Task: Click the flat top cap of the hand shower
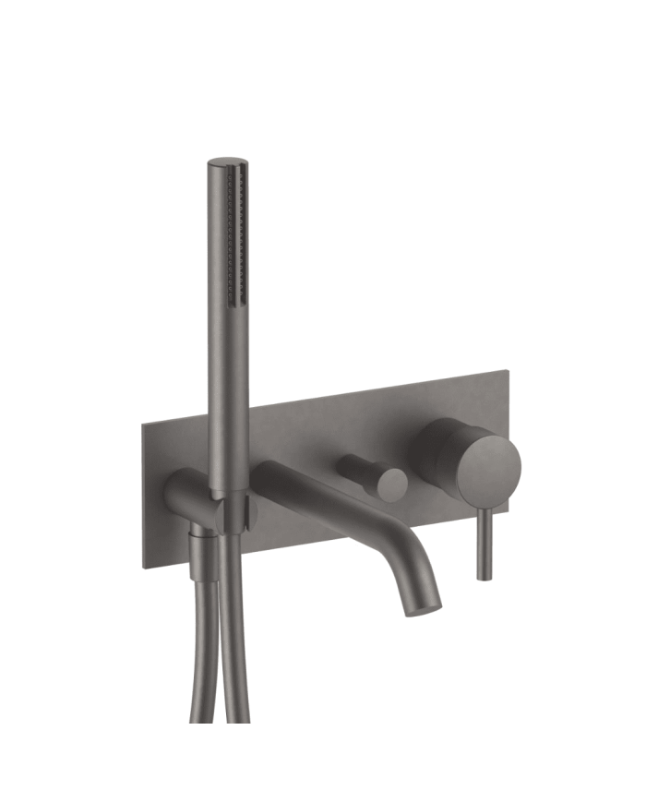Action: [x=225, y=163]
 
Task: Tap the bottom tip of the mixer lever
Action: [x=484, y=577]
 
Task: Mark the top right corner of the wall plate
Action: [x=508, y=371]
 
